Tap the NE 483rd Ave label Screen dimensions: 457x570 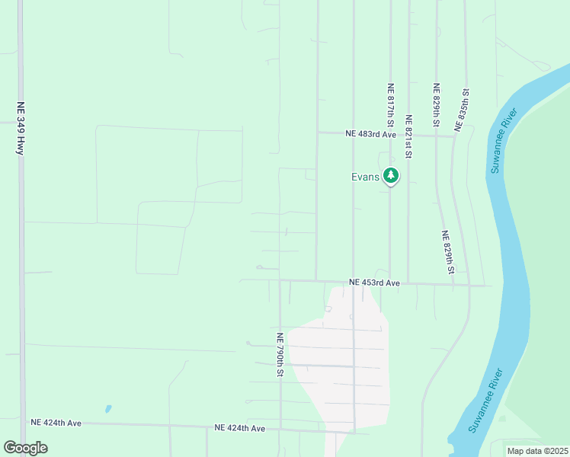coord(371,134)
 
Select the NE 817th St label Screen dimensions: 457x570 coord(390,105)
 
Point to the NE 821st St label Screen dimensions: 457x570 coord(408,137)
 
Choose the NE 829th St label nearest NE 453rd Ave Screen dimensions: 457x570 coord(448,253)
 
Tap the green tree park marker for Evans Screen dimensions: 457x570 coord(391,176)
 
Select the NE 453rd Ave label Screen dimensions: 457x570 coord(374,283)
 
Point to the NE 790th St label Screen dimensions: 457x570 coord(280,355)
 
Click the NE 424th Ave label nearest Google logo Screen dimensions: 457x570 coord(56,421)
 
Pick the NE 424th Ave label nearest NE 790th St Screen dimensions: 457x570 coord(239,429)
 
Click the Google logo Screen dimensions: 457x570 coord(25,448)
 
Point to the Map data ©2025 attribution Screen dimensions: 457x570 coord(536,451)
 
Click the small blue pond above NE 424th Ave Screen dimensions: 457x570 coord(108,409)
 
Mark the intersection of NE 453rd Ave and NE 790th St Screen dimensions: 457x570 coord(280,280)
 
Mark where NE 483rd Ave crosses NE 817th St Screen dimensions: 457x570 coord(390,135)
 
